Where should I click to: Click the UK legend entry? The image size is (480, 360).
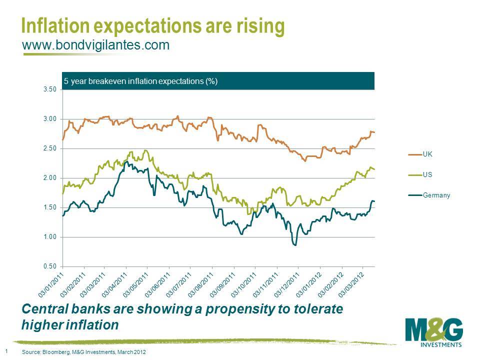pos(427,154)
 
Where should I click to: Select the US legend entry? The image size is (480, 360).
pos(427,175)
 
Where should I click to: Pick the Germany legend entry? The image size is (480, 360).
pos(436,195)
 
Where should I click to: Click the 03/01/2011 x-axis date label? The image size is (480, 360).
pos(51,283)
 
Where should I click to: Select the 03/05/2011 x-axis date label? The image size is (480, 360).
pos(136,283)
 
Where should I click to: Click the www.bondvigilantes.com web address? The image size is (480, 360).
pos(95,45)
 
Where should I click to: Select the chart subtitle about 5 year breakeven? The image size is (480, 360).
pos(140,81)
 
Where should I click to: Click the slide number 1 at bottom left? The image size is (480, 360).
pos(5,351)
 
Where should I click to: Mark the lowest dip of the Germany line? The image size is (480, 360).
pos(295,245)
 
